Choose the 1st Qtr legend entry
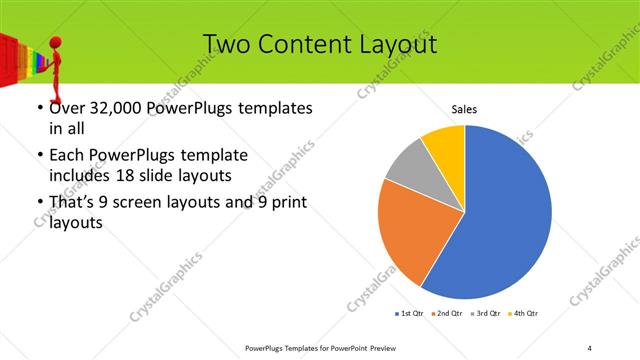coord(409,313)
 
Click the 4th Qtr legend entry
coord(525,313)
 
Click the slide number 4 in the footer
coord(590,347)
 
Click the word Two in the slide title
coord(225,45)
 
